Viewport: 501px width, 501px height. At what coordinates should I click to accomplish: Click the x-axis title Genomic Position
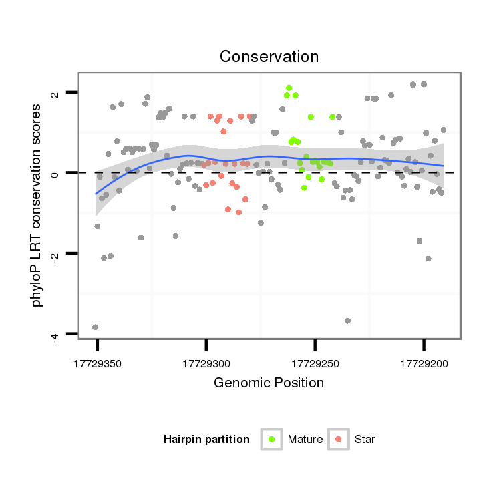click(x=269, y=383)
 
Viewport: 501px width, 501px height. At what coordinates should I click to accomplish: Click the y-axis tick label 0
click(x=56, y=173)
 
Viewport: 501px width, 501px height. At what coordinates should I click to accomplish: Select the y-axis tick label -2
click(x=56, y=254)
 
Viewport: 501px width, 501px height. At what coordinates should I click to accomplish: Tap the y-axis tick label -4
click(x=56, y=335)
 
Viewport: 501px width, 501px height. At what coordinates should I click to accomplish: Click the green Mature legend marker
click(x=271, y=439)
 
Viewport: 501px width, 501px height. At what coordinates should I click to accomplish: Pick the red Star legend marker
click(x=339, y=439)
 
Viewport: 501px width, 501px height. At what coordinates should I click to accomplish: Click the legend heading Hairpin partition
click(x=206, y=440)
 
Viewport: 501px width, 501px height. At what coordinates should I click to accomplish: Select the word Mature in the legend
click(x=305, y=440)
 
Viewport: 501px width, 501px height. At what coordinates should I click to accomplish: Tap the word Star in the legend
click(x=365, y=440)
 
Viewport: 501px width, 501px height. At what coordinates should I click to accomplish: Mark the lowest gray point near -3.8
click(x=95, y=327)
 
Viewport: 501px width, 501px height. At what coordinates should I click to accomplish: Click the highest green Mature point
click(x=289, y=88)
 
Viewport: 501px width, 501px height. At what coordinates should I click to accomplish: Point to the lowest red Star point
click(x=238, y=212)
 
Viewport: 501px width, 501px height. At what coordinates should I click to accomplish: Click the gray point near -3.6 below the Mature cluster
click(x=347, y=321)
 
